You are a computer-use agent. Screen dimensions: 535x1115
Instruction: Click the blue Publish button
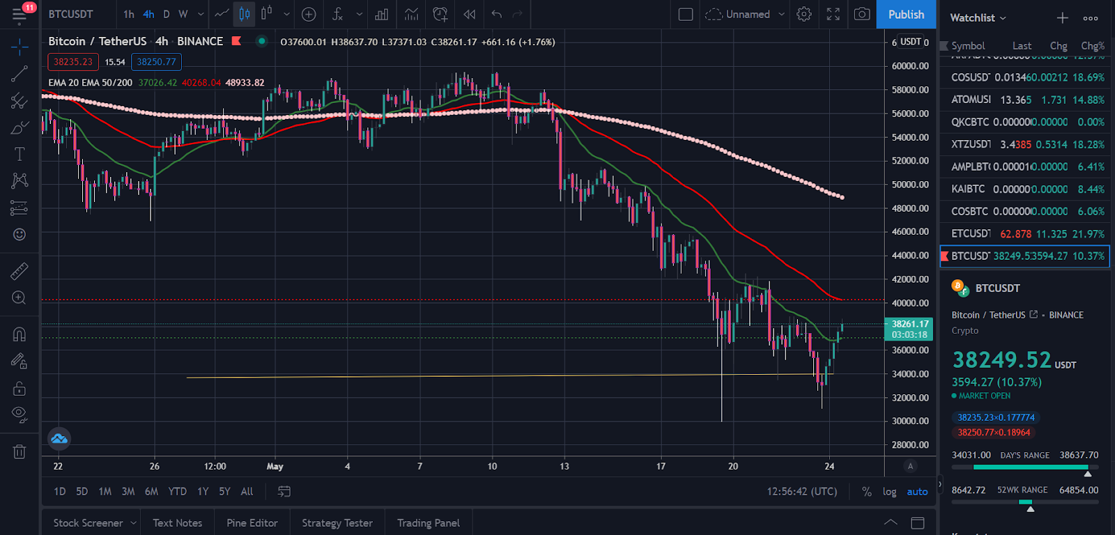(906, 15)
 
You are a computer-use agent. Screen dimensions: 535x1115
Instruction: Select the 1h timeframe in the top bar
(129, 15)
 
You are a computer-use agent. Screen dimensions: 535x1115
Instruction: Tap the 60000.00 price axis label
(910, 66)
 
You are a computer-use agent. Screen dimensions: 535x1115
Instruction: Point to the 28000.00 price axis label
(910, 444)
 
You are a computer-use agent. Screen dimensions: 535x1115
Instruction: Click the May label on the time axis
(275, 467)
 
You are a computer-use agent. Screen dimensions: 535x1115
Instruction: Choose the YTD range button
(177, 492)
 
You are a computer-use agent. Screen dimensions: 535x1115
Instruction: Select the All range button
(247, 492)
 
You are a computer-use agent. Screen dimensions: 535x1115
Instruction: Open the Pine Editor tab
(252, 523)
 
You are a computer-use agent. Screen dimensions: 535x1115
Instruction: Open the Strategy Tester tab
(337, 523)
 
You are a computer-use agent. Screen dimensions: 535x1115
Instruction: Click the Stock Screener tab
(88, 523)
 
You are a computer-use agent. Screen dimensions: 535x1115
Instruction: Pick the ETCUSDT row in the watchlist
(1024, 234)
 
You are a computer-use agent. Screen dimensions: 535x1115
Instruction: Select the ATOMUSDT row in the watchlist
(1024, 100)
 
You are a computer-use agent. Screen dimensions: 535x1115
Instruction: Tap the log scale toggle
(889, 492)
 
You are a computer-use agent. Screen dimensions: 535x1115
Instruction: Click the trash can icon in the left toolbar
(20, 452)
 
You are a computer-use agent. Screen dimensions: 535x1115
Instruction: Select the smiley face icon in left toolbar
(20, 235)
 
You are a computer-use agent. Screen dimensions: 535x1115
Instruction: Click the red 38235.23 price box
(73, 62)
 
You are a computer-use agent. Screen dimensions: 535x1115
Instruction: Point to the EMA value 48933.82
(245, 83)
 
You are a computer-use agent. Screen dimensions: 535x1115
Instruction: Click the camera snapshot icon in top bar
(862, 15)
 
